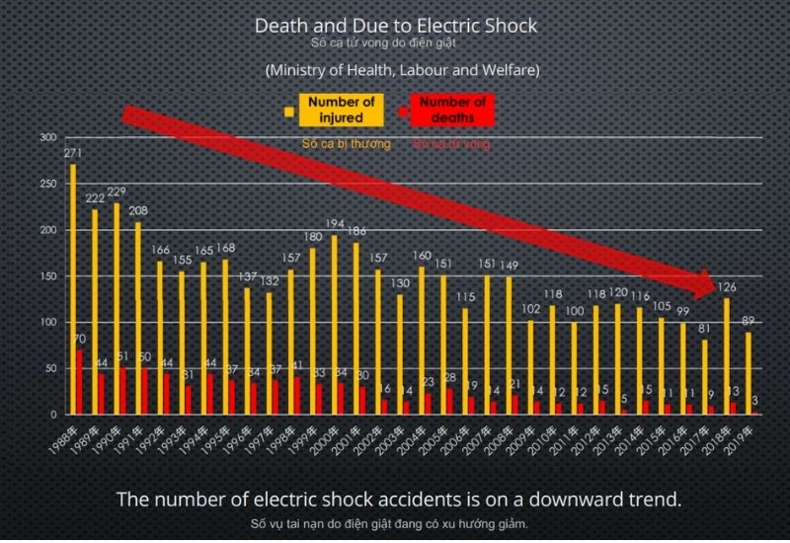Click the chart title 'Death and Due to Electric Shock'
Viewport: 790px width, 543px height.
[x=396, y=26]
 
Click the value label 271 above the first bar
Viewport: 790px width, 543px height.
[x=72, y=154]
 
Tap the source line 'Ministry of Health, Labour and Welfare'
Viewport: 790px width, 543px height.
[x=401, y=71]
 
